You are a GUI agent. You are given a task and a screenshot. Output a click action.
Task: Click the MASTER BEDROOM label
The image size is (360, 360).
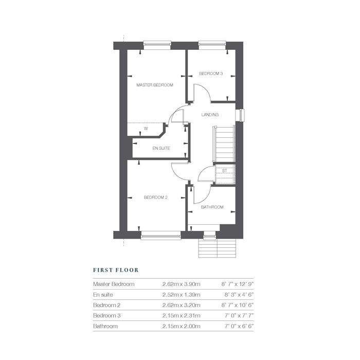(154, 85)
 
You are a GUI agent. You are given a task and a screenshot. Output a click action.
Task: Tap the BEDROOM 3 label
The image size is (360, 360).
(211, 74)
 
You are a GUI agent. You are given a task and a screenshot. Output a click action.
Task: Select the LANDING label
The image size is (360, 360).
(210, 115)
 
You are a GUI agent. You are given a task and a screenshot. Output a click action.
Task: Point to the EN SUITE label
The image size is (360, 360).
(160, 148)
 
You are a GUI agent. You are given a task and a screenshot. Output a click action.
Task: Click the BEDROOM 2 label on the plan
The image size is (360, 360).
(155, 197)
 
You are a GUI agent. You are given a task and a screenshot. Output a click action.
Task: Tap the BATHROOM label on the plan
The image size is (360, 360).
(212, 207)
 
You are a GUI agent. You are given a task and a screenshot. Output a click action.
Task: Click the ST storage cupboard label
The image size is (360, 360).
(224, 170)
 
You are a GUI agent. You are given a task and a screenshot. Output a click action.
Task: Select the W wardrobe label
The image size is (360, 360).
(146, 129)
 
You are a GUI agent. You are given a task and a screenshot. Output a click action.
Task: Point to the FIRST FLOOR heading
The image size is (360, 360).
(116, 269)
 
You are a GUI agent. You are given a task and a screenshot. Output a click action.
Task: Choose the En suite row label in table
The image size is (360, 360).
(103, 295)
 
